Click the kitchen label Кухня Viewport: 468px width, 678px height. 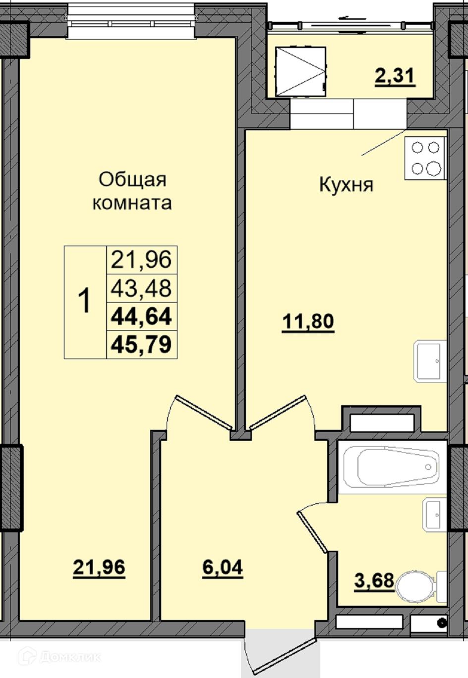pyautogui.click(x=346, y=184)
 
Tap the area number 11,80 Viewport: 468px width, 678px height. pyautogui.click(x=308, y=322)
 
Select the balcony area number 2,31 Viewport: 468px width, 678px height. pyautogui.click(x=395, y=76)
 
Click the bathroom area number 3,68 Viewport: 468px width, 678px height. pyautogui.click(x=374, y=580)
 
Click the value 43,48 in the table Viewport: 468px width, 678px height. pyautogui.click(x=141, y=288)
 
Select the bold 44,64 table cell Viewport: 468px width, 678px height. pyautogui.click(x=141, y=316)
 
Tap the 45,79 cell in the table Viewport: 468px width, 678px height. pyautogui.click(x=141, y=345)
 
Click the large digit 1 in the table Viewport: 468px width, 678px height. pyautogui.click(x=84, y=301)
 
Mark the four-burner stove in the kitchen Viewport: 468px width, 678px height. pyautogui.click(x=425, y=158)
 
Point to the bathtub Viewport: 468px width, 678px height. pyautogui.click(x=393, y=467)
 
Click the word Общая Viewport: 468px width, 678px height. pyautogui.click(x=132, y=180)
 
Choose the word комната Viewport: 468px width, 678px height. pyautogui.click(x=132, y=203)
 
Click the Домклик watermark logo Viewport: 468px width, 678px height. pyautogui.click(x=59, y=655)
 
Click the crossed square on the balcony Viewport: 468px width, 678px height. pyautogui.click(x=300, y=72)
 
